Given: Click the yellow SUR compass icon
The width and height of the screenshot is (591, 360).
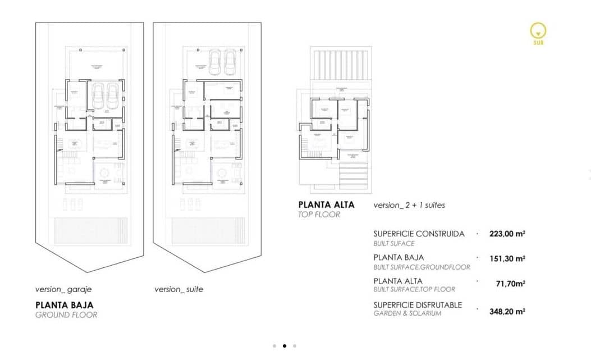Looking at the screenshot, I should [538, 31].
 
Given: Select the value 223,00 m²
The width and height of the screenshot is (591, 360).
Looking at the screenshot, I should [507, 234].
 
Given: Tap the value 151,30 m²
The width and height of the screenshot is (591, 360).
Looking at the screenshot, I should [507, 258].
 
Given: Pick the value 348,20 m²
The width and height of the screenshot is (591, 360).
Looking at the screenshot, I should [507, 309].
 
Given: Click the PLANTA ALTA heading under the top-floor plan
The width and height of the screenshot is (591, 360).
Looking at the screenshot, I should [327, 205].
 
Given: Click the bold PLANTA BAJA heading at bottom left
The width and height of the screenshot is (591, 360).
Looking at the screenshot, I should [65, 305].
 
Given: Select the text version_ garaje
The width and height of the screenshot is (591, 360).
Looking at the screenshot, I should [63, 290].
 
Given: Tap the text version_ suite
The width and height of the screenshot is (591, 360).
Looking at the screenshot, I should [178, 290].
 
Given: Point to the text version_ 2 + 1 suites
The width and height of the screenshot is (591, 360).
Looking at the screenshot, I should [409, 206].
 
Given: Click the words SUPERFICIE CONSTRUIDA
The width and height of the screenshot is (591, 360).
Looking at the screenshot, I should [419, 234].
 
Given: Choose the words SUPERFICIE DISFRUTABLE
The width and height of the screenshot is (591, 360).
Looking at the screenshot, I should [418, 304].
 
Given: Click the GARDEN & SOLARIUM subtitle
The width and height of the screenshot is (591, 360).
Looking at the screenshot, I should [407, 313].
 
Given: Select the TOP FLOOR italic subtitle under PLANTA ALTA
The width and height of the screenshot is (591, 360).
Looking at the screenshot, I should [319, 215].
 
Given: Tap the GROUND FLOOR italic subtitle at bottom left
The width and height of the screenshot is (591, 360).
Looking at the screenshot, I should [66, 315].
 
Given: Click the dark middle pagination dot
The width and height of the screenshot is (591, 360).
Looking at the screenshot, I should [284, 346].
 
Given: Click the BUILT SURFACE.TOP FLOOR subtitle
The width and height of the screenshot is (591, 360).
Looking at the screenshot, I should [414, 289].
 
